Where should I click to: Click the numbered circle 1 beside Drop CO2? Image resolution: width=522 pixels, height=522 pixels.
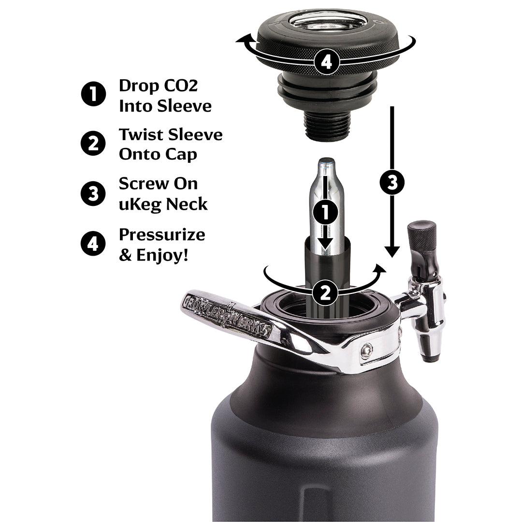pyautogui.click(x=93, y=94)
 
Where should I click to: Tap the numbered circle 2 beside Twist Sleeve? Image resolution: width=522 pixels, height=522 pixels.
pyautogui.click(x=93, y=144)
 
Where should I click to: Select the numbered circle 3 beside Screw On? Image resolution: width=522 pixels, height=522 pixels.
pyautogui.click(x=93, y=193)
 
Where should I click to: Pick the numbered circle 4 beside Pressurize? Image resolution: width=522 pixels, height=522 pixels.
pyautogui.click(x=93, y=243)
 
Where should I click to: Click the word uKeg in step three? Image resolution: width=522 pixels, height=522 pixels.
pyautogui.click(x=140, y=204)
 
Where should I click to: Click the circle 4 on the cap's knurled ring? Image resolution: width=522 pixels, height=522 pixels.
pyautogui.click(x=327, y=62)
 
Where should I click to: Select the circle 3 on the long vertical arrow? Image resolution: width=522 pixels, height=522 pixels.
pyautogui.click(x=392, y=182)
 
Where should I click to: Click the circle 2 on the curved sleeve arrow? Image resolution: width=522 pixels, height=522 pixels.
pyautogui.click(x=326, y=292)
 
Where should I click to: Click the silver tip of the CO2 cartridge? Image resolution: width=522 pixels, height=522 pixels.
pyautogui.click(x=327, y=162)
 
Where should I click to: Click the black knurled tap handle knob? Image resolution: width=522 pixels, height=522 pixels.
pyautogui.click(x=422, y=237)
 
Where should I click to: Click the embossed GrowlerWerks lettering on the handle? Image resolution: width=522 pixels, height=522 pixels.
pyautogui.click(x=227, y=317)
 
